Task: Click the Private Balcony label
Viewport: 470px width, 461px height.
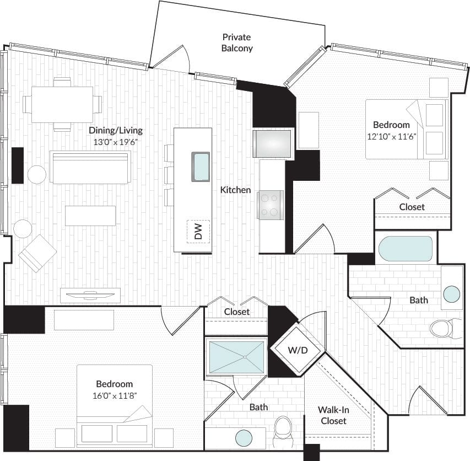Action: (x=237, y=42)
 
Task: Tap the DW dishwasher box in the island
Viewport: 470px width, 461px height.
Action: (x=199, y=231)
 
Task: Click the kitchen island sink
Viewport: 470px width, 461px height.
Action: (x=201, y=166)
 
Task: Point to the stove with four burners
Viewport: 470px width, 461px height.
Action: (x=271, y=205)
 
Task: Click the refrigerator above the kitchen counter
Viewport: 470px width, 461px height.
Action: (x=272, y=144)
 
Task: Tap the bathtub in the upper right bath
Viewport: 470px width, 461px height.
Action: (x=405, y=249)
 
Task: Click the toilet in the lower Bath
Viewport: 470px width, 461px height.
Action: (x=284, y=428)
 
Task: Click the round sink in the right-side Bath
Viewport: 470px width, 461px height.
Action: (x=452, y=294)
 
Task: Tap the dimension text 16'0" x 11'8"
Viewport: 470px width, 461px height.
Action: (x=114, y=395)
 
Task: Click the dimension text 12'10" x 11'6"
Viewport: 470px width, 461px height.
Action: (x=391, y=136)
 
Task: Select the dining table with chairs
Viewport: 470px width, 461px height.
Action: (x=62, y=104)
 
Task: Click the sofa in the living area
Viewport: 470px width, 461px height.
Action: (x=90, y=167)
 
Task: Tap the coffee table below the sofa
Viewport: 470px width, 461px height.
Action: (x=90, y=216)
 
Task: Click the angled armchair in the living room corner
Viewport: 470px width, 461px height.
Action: (x=37, y=253)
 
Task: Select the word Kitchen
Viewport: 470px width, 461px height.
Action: (x=236, y=190)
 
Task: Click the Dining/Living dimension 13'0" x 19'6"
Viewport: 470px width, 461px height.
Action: (x=116, y=142)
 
